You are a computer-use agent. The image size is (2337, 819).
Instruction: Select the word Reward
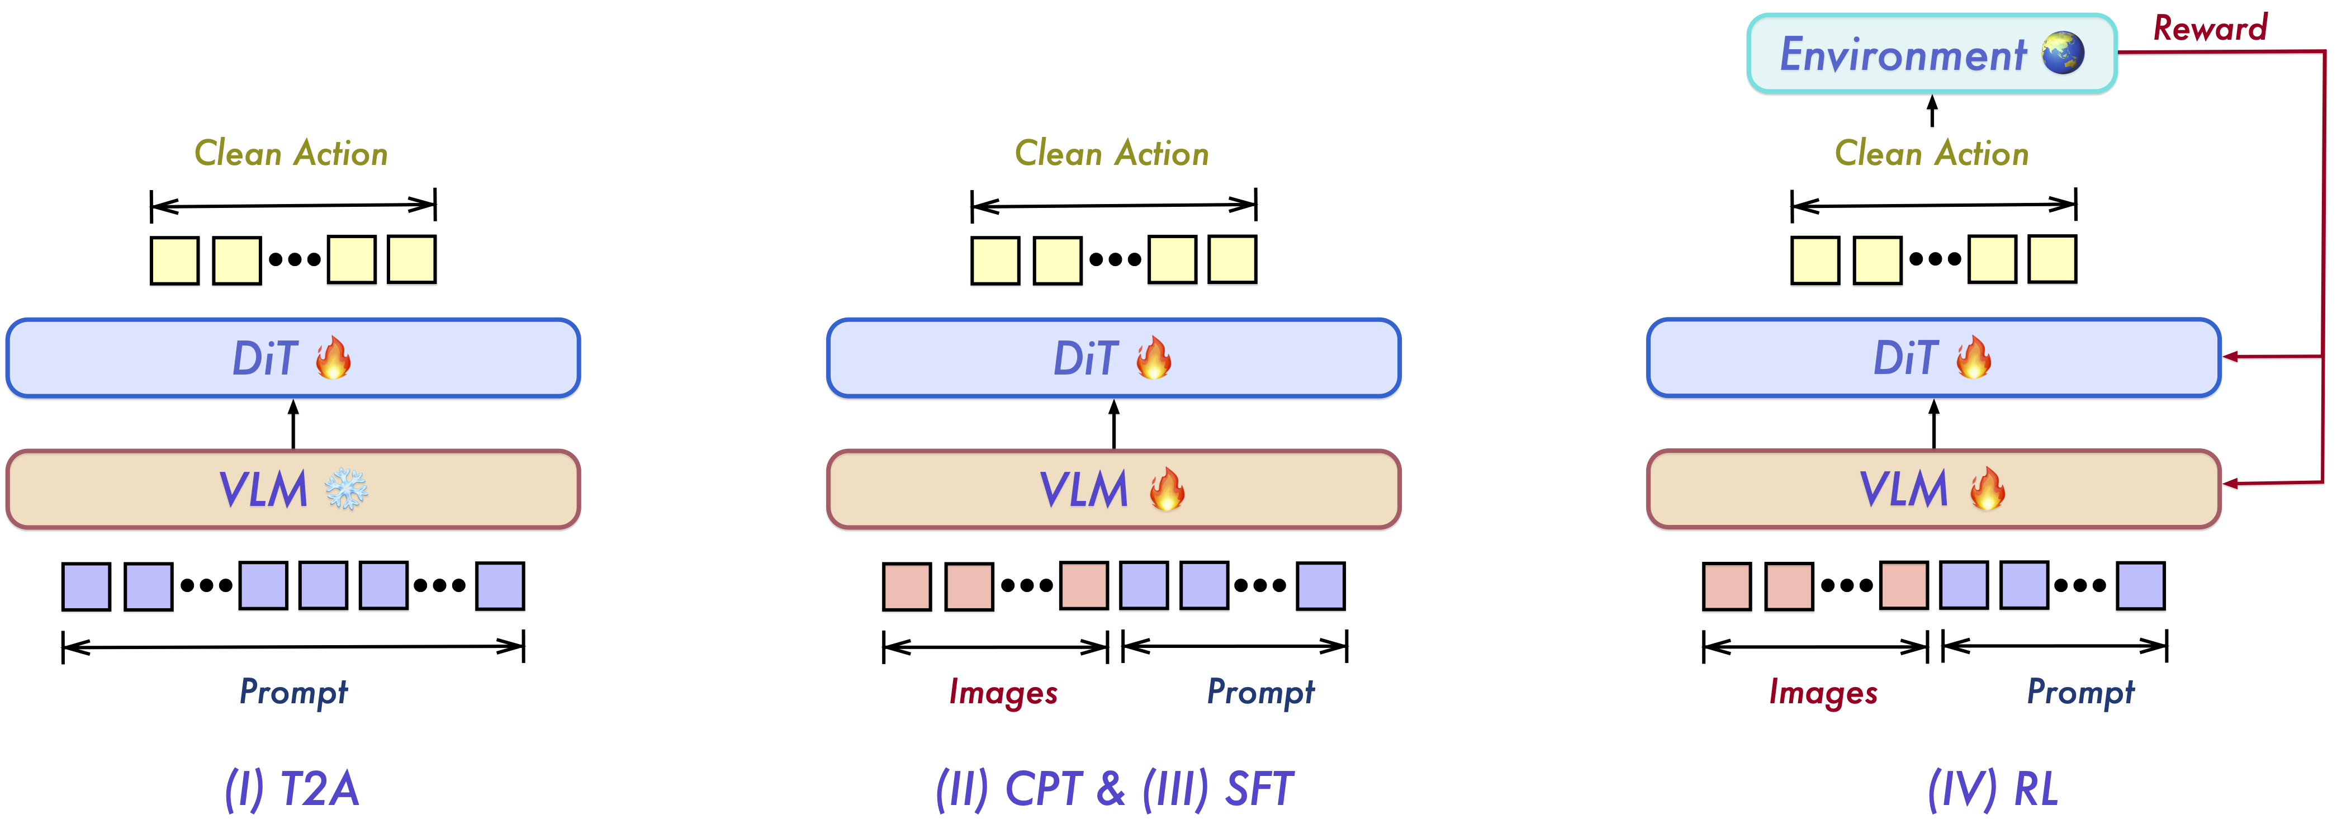2210,28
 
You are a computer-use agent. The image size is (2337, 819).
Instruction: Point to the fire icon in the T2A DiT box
333,357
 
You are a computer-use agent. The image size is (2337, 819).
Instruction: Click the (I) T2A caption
292,788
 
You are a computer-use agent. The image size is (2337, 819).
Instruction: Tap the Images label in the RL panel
1823,693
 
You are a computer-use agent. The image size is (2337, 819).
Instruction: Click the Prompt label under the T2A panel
293,692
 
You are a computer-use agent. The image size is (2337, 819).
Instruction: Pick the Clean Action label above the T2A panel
291,153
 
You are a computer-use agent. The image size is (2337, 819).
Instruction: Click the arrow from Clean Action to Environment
1932,111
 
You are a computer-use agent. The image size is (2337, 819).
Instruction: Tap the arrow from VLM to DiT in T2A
293,424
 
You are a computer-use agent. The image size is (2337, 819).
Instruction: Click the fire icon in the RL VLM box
1987,490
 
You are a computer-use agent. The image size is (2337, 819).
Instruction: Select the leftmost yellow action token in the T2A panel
174,261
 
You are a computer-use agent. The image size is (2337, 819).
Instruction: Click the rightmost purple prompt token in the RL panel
2141,586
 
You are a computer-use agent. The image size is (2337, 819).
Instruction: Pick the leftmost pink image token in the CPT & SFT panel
906,586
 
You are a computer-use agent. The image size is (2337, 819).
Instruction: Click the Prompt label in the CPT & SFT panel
1260,692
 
